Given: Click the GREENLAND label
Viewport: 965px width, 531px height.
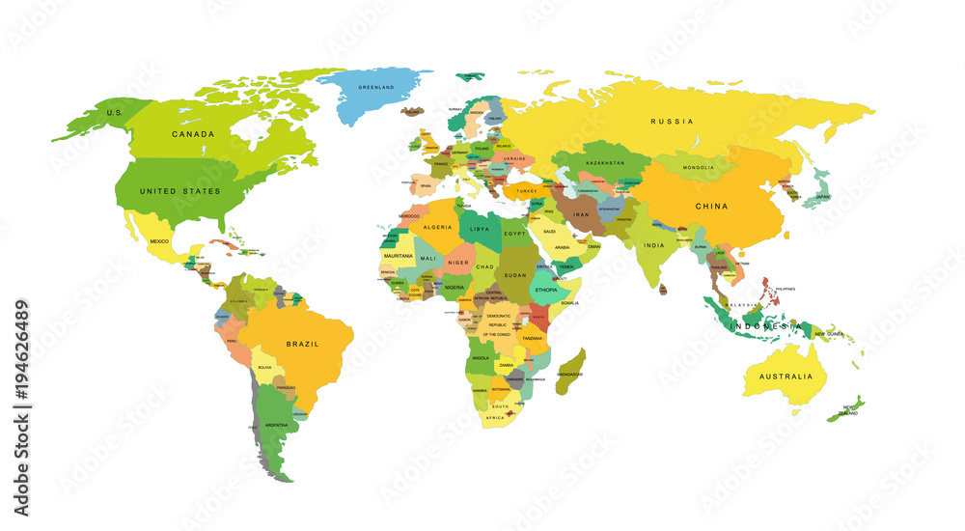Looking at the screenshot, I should click(375, 88).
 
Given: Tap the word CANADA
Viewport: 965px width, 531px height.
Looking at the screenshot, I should click(192, 134).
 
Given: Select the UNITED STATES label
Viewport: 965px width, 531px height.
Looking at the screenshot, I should click(180, 191).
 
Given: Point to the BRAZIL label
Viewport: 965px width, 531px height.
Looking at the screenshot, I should click(302, 344).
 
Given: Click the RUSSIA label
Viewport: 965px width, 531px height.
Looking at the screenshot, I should click(672, 122).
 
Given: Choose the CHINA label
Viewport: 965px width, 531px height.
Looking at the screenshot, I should click(712, 206).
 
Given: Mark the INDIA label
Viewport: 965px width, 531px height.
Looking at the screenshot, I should click(654, 245).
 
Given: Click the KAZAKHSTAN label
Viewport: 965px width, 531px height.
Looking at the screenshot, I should click(605, 162).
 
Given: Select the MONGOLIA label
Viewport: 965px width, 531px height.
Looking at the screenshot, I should click(698, 167).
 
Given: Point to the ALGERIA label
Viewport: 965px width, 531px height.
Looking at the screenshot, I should click(438, 227).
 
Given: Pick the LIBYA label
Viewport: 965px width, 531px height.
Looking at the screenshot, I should click(480, 230).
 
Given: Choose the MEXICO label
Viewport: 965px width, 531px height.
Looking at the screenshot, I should click(159, 240).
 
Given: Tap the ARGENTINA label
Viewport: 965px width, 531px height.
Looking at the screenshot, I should click(276, 425).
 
